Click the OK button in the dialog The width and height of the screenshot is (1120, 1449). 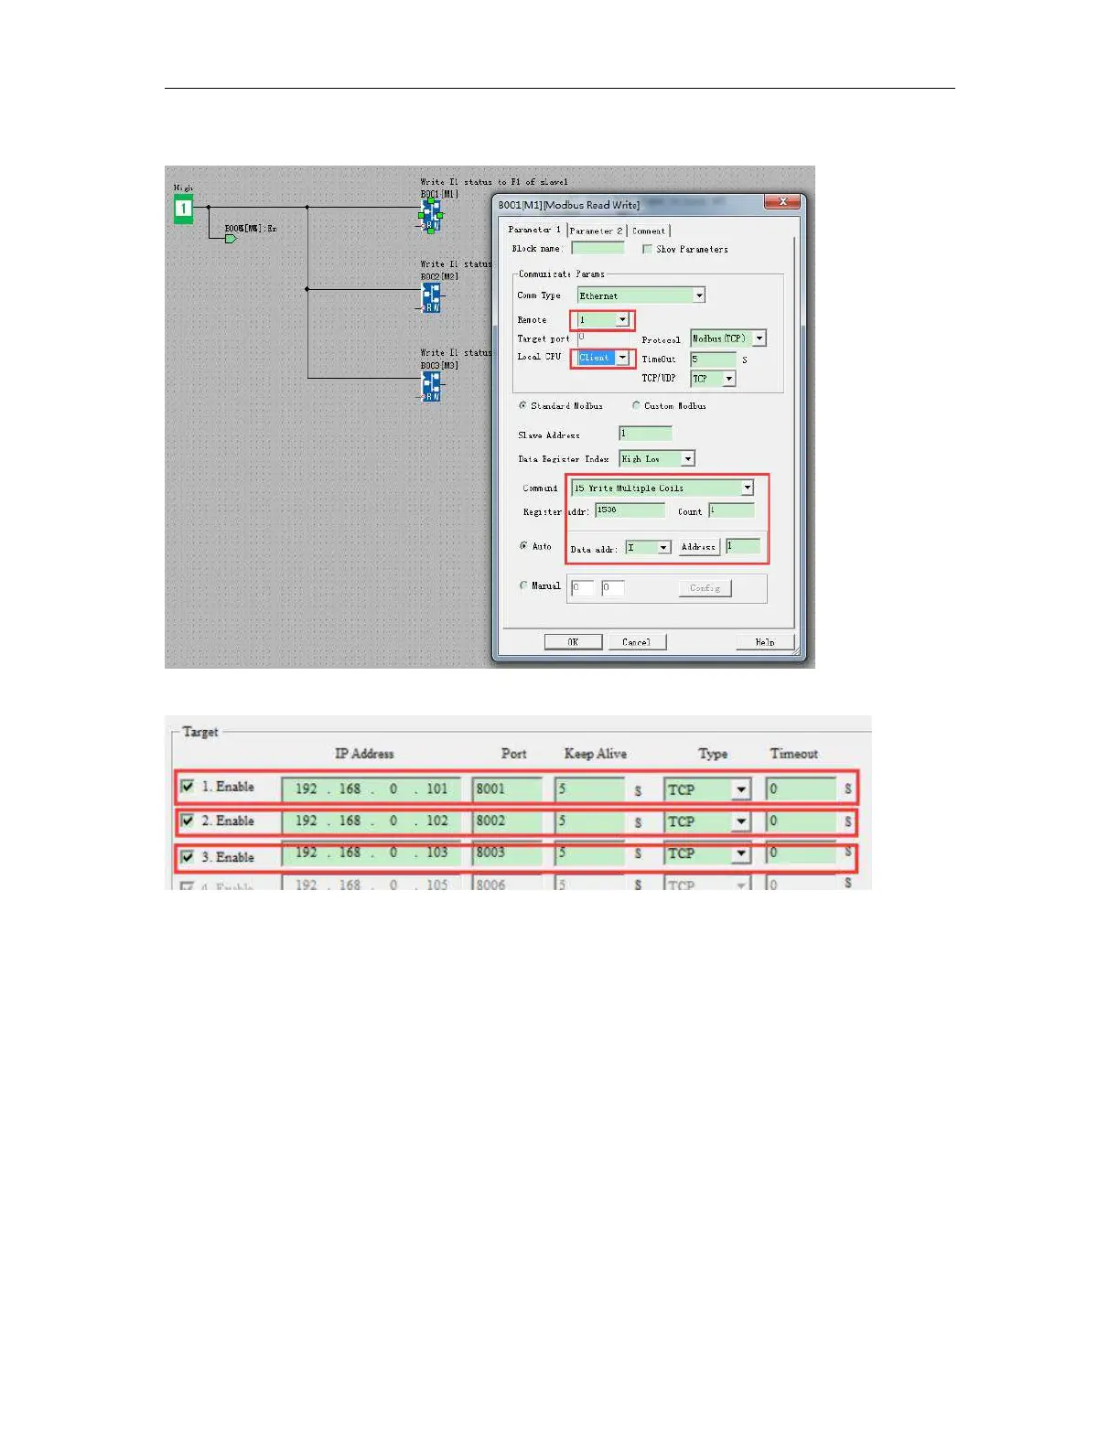click(573, 642)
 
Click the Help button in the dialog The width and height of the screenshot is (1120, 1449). click(765, 642)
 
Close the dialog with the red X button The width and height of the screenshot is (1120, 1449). click(782, 202)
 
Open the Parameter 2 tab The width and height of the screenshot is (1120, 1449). click(596, 231)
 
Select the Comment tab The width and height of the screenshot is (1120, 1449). click(649, 231)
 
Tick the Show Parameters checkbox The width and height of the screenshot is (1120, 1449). click(647, 249)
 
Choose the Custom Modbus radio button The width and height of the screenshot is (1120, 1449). click(636, 405)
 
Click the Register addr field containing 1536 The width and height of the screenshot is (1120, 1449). click(630, 510)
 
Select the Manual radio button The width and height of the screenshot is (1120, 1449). click(523, 585)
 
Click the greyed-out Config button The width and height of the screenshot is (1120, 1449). click(705, 588)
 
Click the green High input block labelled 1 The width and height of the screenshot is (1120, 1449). click(183, 209)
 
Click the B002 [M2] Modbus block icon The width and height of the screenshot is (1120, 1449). click(431, 296)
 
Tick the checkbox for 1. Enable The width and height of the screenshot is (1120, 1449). click(188, 787)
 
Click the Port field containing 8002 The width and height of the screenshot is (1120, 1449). click(506, 821)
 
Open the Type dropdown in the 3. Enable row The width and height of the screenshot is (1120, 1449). click(741, 854)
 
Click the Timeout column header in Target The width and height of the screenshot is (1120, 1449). click(793, 754)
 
